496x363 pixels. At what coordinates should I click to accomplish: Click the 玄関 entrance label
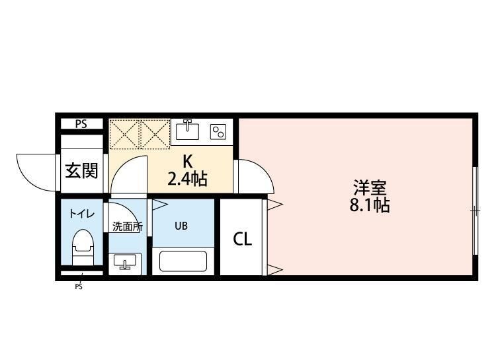tap(81, 170)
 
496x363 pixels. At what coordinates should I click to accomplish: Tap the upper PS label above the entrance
tap(81, 123)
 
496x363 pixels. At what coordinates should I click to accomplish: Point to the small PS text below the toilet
tap(78, 286)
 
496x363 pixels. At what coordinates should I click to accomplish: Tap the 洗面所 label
tap(126, 226)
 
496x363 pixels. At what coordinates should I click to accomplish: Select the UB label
tap(181, 226)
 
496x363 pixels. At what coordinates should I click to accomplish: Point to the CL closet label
tap(242, 239)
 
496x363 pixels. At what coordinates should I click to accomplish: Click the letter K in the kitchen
tap(187, 160)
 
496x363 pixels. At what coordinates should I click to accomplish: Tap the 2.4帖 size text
tap(187, 178)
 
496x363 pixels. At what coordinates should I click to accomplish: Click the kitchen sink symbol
tap(188, 130)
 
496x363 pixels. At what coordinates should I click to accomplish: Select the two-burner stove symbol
tap(218, 131)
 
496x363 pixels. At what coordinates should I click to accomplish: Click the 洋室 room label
tap(369, 187)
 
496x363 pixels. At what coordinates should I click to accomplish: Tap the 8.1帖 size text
tap(369, 205)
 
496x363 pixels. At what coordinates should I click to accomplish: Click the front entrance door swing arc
tap(34, 172)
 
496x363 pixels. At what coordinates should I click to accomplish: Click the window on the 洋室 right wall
tap(475, 211)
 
